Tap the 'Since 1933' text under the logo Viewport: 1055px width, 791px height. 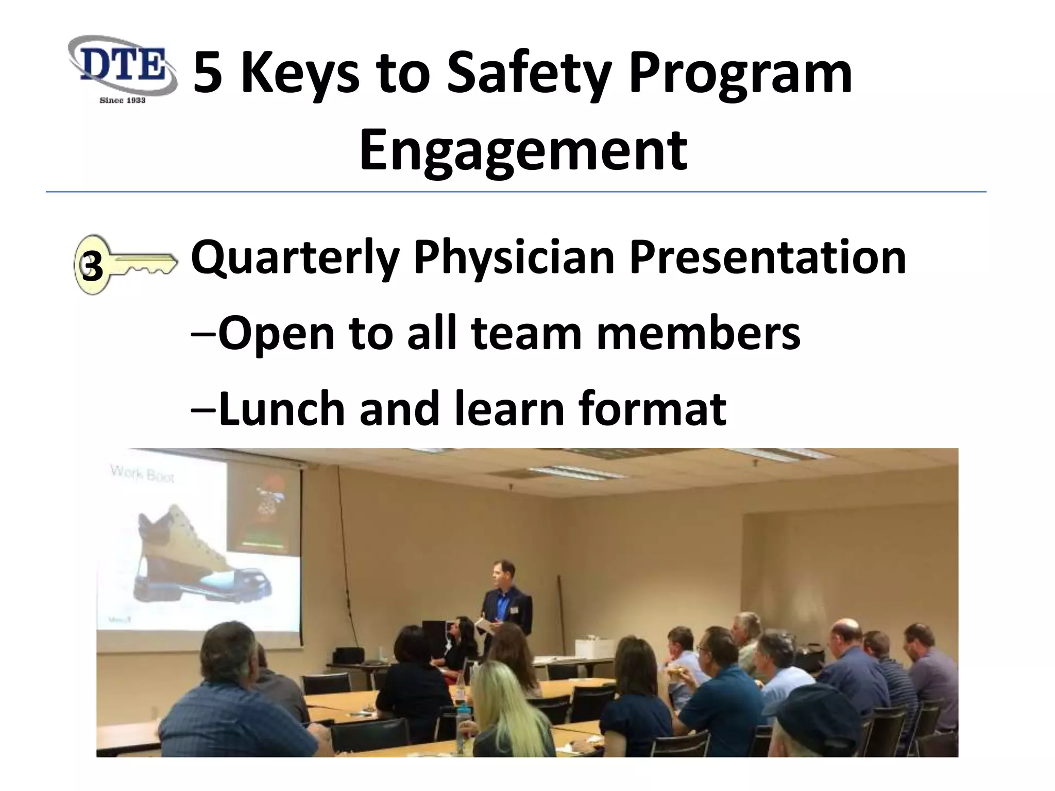tap(123, 100)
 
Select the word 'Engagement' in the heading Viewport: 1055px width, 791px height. tap(523, 151)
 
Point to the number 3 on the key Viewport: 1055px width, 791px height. tap(92, 267)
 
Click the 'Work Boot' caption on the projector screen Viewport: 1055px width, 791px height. tap(143, 473)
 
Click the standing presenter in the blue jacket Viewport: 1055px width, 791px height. tap(505, 603)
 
